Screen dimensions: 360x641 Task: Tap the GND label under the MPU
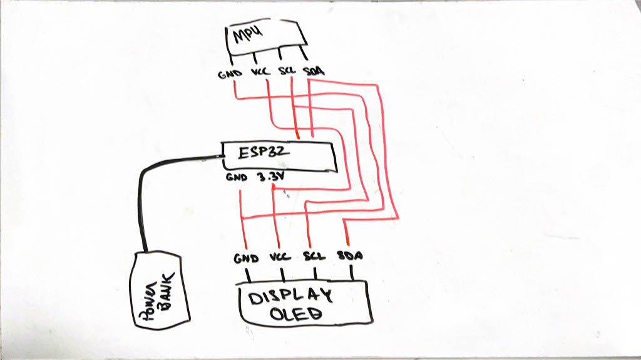point(227,73)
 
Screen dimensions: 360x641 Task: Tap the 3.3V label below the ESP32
point(270,178)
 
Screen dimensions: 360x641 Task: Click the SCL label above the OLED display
point(314,257)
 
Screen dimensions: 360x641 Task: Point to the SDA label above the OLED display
point(351,257)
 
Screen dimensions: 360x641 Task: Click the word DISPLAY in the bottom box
point(289,297)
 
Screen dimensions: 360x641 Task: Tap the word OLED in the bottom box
point(295,314)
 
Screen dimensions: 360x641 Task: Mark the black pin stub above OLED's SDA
point(352,272)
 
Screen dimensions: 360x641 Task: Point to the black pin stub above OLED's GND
point(247,274)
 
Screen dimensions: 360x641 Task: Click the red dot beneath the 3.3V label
point(274,187)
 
